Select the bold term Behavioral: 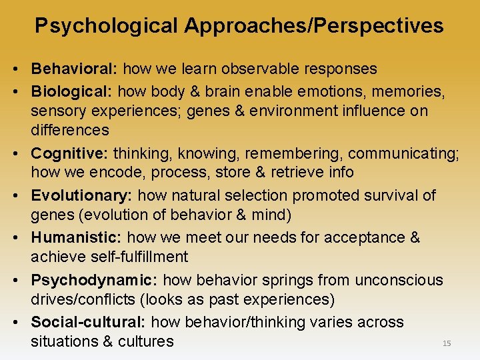(75, 69)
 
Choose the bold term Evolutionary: (81, 195)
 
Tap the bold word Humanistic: (77, 237)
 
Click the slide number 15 (447, 343)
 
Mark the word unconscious (399, 280)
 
